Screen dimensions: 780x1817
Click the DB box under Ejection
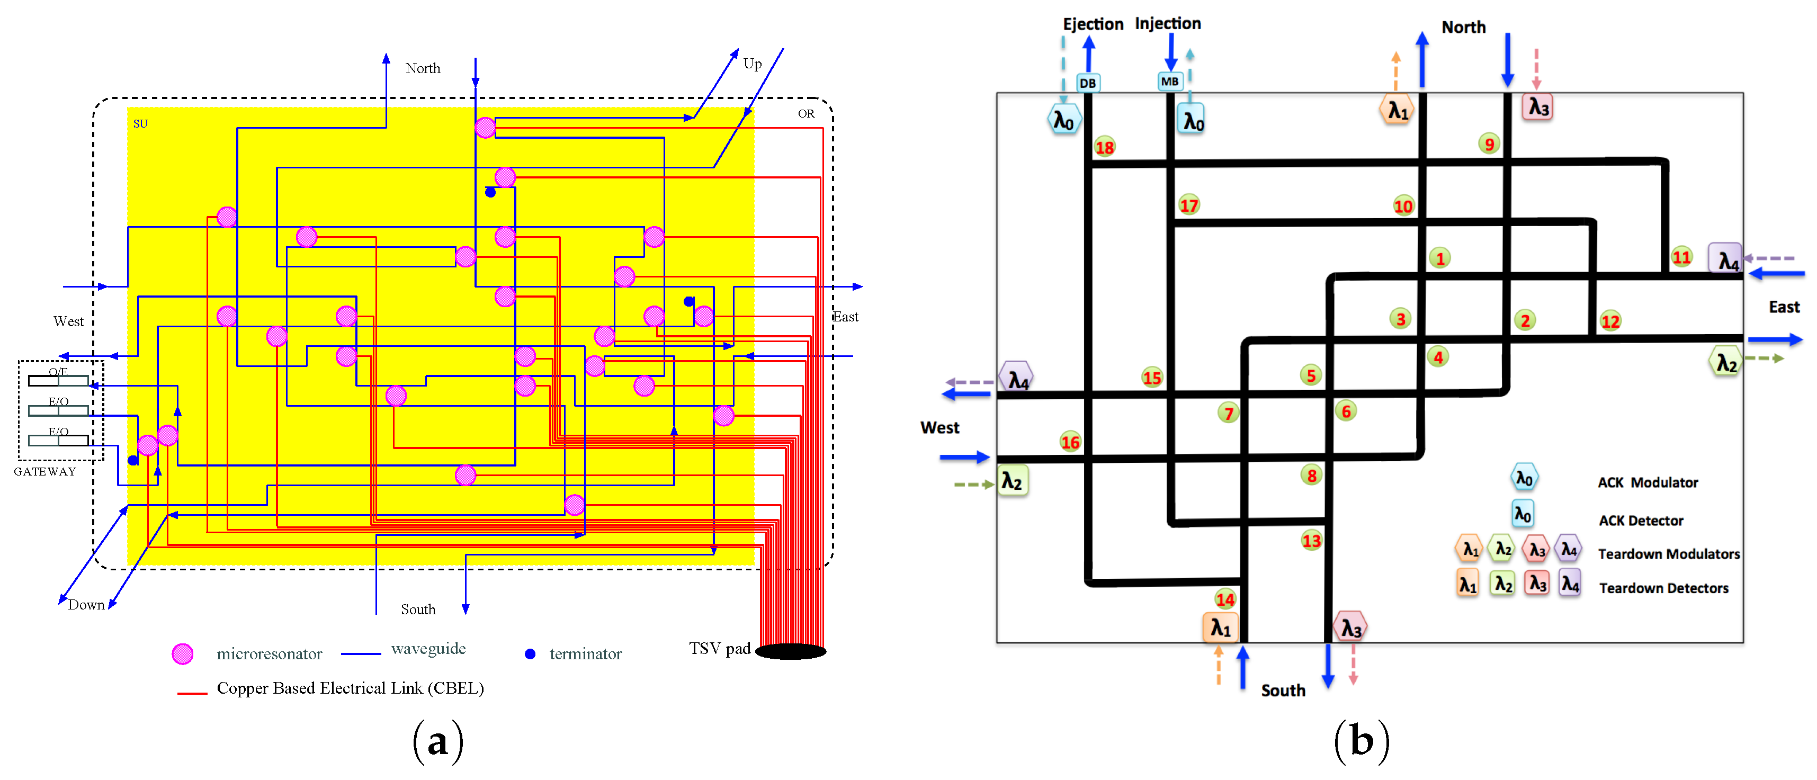click(1088, 83)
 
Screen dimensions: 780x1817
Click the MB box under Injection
click(1169, 82)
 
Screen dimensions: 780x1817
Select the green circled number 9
click(1489, 144)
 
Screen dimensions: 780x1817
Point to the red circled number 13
click(1311, 541)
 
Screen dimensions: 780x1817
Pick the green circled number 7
click(1229, 413)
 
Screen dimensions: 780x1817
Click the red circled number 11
click(1681, 257)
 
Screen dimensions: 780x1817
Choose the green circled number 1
click(1439, 258)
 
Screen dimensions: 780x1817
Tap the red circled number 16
click(1070, 442)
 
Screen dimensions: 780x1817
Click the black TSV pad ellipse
click(791, 651)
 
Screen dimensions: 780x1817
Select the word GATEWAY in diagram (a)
click(45, 472)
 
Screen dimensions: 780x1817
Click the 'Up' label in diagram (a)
click(753, 64)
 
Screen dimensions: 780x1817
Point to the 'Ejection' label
click(1093, 24)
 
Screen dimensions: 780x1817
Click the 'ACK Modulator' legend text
click(1648, 483)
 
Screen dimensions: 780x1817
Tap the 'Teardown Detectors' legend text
click(1663, 588)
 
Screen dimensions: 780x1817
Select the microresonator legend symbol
click(183, 654)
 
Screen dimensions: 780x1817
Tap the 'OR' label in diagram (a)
click(805, 113)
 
